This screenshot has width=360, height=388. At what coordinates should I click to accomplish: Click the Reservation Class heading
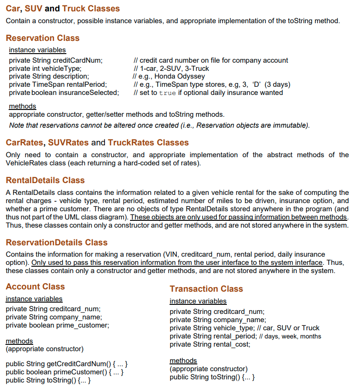pyautogui.click(x=43, y=38)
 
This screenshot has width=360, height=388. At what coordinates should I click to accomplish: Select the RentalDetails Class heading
pyautogui.click(x=45, y=180)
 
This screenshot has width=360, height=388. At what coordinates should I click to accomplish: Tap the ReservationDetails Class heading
pyautogui.click(x=57, y=243)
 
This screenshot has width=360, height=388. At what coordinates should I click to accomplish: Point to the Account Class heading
pyautogui.click(x=35, y=287)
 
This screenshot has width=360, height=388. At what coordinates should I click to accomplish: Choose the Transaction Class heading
pyautogui.click(x=206, y=289)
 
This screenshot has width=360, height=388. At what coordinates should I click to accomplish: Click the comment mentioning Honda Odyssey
pyautogui.click(x=169, y=76)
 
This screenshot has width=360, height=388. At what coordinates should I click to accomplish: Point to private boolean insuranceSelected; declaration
pyautogui.click(x=64, y=93)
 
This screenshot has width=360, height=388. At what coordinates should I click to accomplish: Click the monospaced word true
pyautogui.click(x=167, y=93)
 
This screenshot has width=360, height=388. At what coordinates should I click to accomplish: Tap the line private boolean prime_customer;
pyautogui.click(x=57, y=325)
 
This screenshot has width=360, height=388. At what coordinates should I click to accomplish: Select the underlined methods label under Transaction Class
pyautogui.click(x=183, y=361)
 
